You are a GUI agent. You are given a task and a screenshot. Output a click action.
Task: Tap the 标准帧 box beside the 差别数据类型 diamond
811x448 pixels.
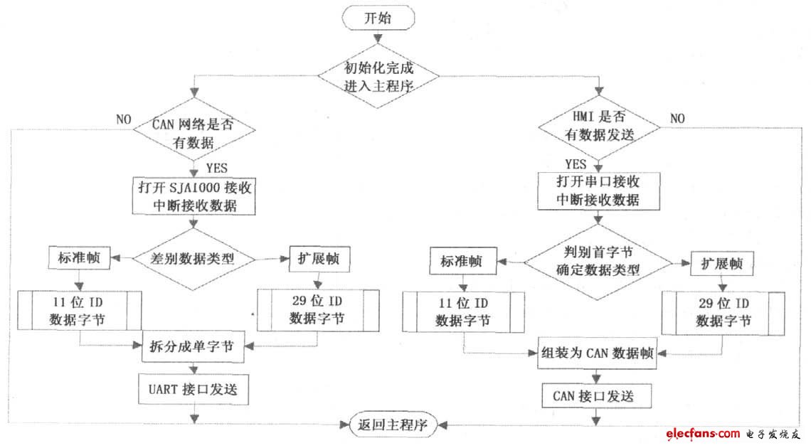pos(80,258)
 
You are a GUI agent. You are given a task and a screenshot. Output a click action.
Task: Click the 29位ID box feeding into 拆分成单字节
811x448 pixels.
pos(317,309)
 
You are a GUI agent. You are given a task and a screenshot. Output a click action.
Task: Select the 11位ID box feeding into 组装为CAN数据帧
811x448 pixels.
pos(462,313)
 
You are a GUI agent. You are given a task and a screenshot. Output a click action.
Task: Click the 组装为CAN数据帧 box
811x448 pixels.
pos(600,354)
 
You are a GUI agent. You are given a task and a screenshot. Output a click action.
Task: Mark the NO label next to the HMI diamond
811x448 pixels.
pos(677,118)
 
